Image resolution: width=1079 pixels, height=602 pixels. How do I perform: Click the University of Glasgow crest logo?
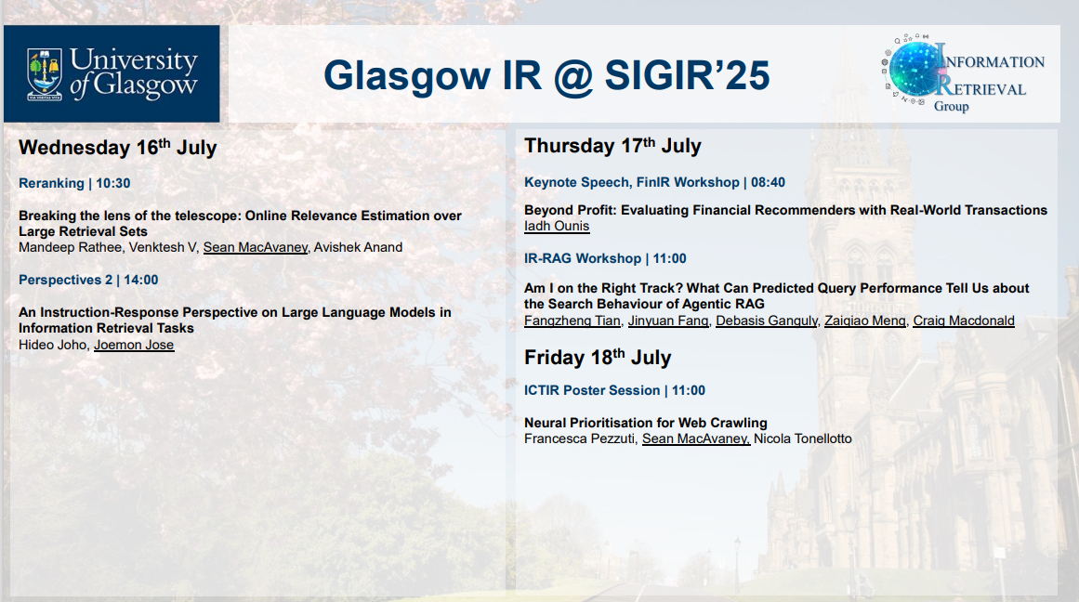[45, 74]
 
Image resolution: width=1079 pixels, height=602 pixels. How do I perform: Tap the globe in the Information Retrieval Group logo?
[916, 69]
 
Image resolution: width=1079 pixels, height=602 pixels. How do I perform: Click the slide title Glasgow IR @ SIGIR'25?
[546, 75]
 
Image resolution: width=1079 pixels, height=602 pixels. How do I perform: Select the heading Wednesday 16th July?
[118, 147]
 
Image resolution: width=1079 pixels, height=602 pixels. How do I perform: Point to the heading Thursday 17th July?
[612, 146]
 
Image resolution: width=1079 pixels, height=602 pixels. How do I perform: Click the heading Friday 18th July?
[598, 358]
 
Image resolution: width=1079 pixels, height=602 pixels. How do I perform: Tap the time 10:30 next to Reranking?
[112, 183]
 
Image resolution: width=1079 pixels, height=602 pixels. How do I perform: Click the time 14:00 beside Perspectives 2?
[141, 280]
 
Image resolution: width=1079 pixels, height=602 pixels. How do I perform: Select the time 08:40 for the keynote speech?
[768, 182]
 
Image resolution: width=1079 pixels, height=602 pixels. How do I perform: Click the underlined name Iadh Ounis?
[557, 227]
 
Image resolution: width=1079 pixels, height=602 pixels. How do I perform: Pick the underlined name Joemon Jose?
[134, 345]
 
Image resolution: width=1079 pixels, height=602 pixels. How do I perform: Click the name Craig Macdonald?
[964, 321]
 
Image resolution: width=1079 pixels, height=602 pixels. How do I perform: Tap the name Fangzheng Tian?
[572, 321]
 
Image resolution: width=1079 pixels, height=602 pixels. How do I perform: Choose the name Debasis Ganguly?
[767, 321]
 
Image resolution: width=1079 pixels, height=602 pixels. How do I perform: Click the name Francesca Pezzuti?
[579, 438]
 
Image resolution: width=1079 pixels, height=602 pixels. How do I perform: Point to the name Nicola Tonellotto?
[802, 438]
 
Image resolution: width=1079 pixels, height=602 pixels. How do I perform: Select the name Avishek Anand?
[358, 247]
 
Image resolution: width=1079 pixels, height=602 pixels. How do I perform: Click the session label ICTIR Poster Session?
[592, 390]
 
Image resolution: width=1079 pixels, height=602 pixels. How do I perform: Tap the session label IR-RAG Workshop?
[582, 258]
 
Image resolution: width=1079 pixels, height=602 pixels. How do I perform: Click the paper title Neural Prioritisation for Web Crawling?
[646, 423]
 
